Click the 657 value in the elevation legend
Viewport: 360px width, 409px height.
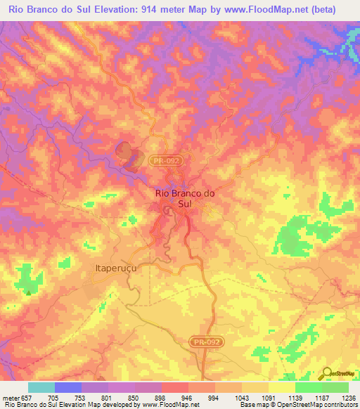click(x=27, y=398)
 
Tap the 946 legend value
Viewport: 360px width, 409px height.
click(x=187, y=398)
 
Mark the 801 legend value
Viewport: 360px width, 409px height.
click(x=107, y=398)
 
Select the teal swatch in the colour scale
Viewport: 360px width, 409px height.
click(x=41, y=387)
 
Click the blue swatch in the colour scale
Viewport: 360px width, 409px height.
click(x=67, y=387)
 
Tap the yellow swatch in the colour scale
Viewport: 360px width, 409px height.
click(x=281, y=387)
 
